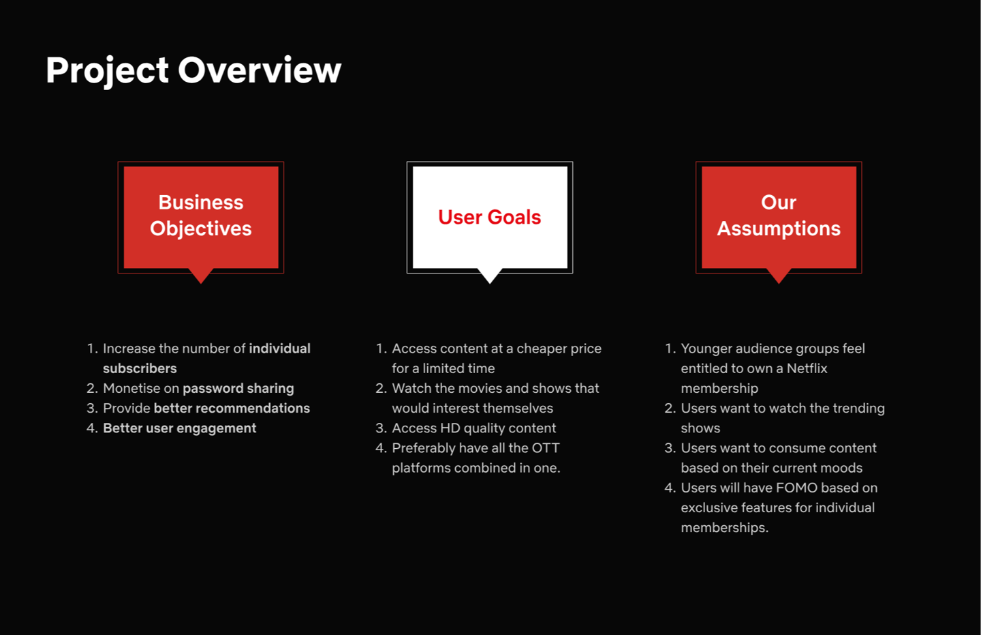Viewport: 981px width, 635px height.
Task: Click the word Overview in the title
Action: click(x=260, y=70)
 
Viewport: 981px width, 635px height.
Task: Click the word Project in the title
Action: click(x=108, y=71)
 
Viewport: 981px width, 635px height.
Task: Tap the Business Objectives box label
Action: click(x=200, y=216)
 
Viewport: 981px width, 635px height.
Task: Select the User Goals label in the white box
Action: click(x=490, y=217)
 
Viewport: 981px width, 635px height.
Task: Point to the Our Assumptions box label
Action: click(x=779, y=216)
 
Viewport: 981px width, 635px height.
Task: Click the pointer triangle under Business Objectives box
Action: click(x=201, y=276)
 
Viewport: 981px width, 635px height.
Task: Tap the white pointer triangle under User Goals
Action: click(x=490, y=276)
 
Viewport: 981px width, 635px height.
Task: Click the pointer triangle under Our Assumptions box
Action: click(x=779, y=276)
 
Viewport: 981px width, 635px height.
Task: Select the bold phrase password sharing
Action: click(x=238, y=389)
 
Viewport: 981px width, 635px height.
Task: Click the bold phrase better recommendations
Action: click(x=232, y=409)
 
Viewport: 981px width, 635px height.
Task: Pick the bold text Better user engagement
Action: click(x=180, y=428)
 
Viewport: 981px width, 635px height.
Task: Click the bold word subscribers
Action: click(x=140, y=368)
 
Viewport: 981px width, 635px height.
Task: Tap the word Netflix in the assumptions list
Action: click(x=807, y=368)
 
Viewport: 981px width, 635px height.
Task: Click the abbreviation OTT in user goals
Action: click(x=546, y=447)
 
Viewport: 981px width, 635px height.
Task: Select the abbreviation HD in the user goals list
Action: click(x=450, y=428)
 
